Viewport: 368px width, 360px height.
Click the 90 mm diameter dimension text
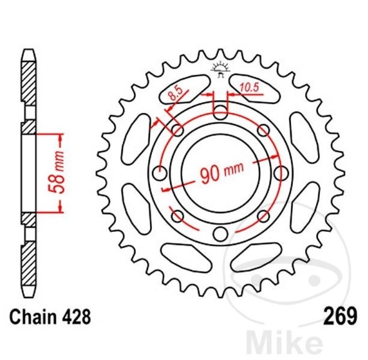[221, 172]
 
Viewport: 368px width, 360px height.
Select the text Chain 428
[50, 317]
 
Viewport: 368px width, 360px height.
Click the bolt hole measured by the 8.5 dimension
[178, 130]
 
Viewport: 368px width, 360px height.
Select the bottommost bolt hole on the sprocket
[220, 234]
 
